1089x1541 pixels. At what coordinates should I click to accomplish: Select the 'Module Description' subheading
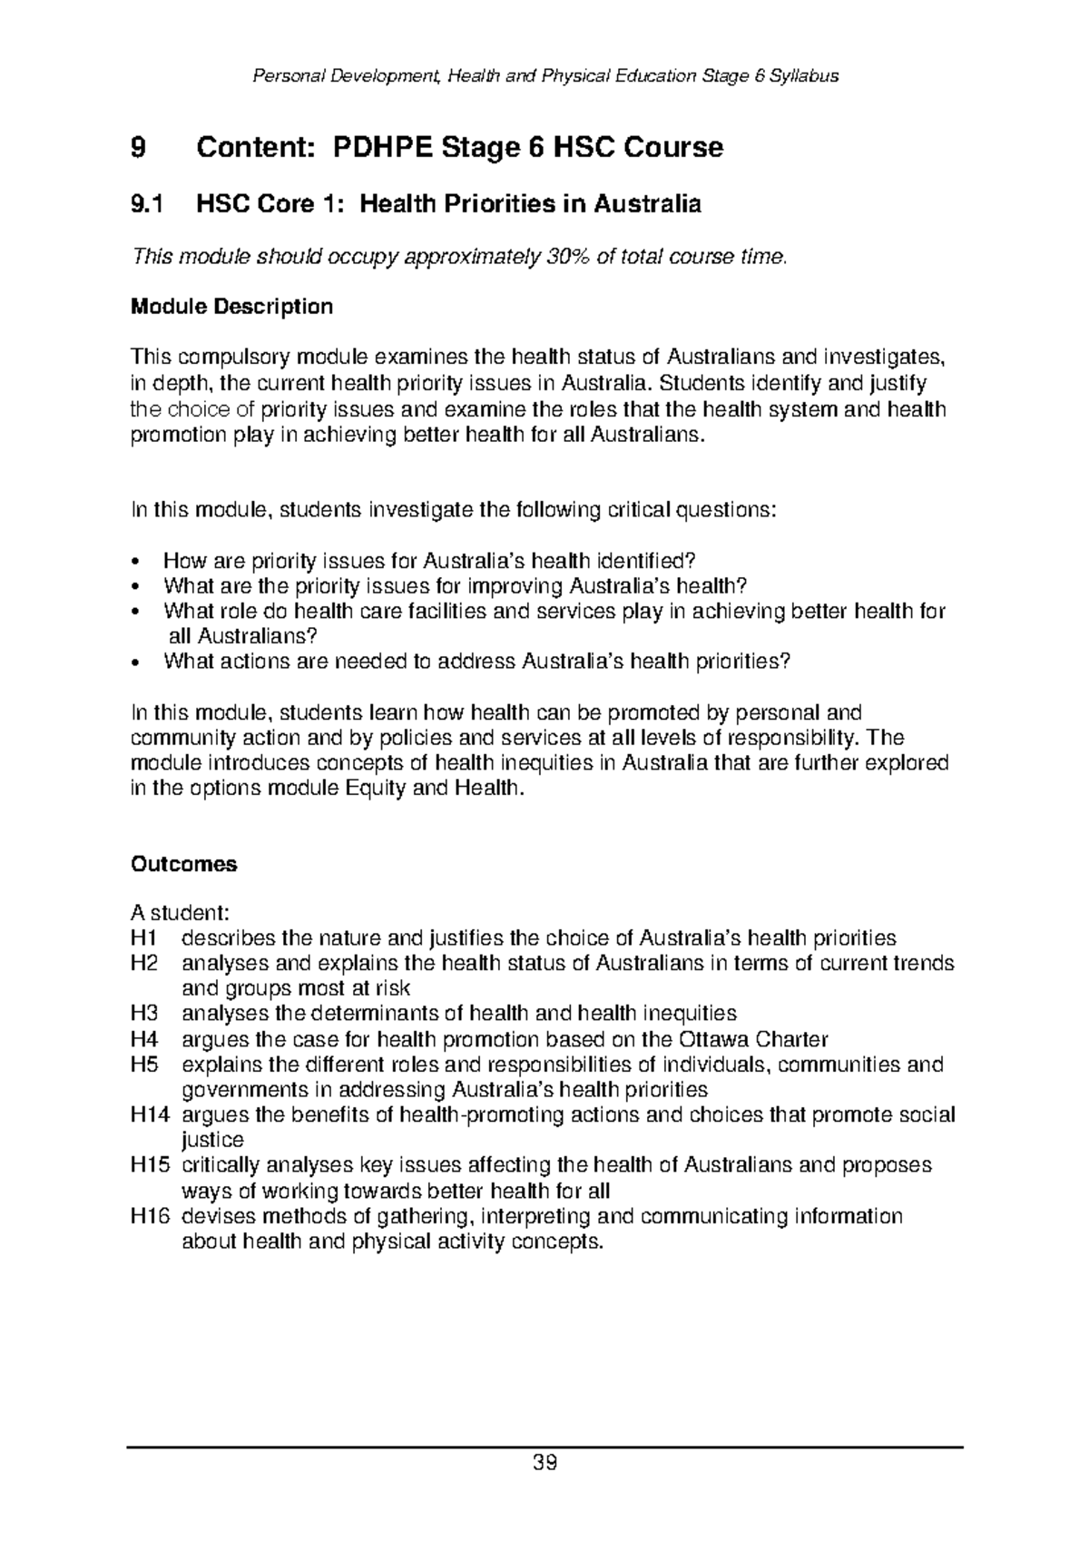tap(231, 307)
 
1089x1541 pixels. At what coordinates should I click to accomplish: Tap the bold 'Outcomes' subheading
tap(184, 864)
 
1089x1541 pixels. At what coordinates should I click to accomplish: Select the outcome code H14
tap(150, 1114)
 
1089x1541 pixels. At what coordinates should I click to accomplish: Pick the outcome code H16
tap(150, 1216)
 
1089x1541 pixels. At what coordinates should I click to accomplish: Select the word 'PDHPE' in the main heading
tap(384, 147)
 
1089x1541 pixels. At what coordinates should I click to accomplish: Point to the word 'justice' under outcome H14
tap(212, 1140)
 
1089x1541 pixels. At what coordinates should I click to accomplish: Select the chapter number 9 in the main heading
tap(138, 147)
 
